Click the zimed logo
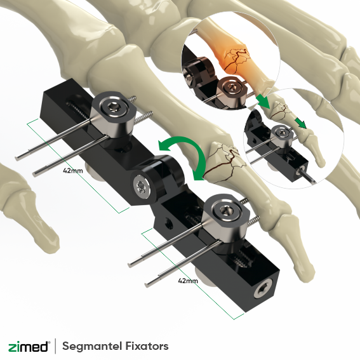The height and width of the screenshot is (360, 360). [28, 346]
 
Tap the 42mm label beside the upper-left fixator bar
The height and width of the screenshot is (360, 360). [73, 171]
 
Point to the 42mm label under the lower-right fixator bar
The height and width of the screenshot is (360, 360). [188, 281]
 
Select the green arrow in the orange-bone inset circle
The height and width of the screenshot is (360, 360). [263, 101]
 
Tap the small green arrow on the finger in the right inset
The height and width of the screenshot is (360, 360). [300, 123]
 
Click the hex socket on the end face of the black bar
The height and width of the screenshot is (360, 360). [262, 291]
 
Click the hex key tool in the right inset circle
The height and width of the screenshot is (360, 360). [307, 176]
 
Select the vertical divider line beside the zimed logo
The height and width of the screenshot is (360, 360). [55, 346]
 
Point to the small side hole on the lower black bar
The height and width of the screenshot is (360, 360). [168, 223]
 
